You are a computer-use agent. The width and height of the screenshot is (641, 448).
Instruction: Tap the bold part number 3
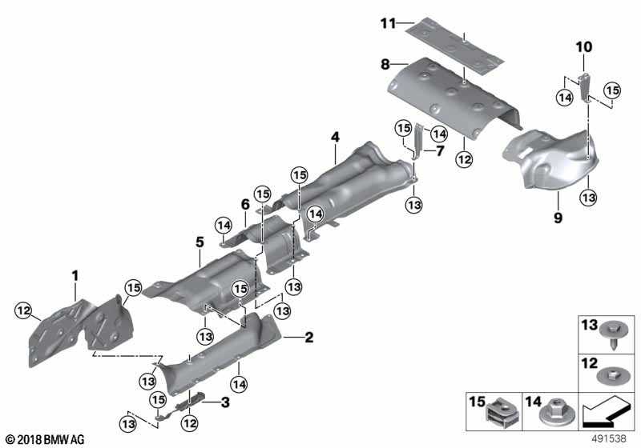[226, 401]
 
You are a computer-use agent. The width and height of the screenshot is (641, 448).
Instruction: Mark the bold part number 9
[558, 217]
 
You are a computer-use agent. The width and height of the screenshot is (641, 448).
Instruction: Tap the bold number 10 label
[583, 48]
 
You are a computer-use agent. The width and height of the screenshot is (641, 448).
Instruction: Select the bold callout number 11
[388, 22]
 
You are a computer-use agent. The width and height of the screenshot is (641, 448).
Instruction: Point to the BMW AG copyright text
[44, 439]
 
